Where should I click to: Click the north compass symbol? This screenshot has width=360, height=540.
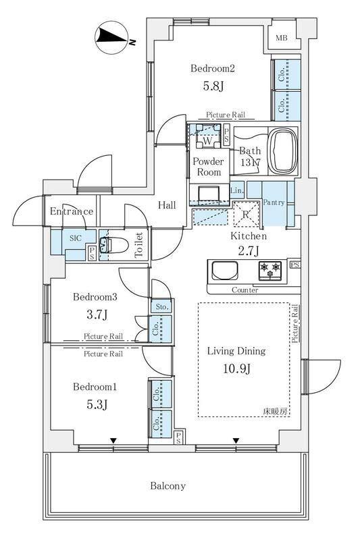pos(111,36)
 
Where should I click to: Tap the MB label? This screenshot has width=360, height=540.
pos(282,38)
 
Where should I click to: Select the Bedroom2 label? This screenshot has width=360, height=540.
pos(213,68)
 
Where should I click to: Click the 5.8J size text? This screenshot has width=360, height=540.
pos(213,86)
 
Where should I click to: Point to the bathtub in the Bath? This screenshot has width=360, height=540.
pos(282,151)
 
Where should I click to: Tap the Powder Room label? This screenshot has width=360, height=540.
pos(208,167)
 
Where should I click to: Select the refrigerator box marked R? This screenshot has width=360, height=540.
pos(246,215)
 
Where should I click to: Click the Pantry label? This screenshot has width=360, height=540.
pos(274,202)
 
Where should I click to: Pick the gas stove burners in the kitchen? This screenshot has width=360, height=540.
pos(270,270)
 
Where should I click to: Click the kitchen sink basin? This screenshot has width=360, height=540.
pos(225,271)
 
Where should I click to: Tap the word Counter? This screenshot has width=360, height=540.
pos(245,290)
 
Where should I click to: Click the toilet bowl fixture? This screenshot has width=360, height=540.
pos(113,245)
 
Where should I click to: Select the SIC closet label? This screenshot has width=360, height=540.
pos(76,238)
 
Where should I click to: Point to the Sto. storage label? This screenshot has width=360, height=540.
pos(161,306)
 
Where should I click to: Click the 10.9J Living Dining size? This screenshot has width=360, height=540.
pos(236,369)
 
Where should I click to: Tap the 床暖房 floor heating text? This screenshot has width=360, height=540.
pos(276,411)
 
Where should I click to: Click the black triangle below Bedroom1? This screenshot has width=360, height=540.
pos(113,441)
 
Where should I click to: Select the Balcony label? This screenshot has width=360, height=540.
pos(168,486)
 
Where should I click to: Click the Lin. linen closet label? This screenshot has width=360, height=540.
pos(237,190)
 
